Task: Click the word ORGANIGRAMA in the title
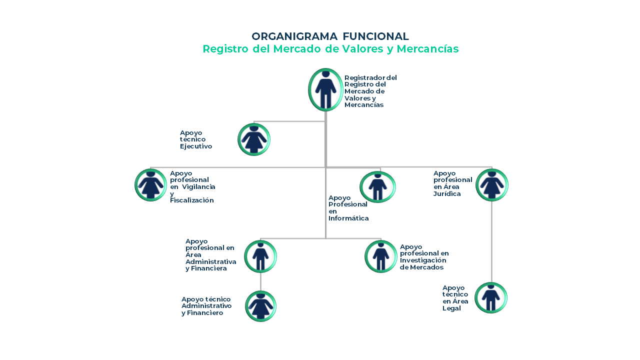pyautogui.click(x=294, y=36)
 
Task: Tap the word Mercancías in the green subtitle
pyautogui.click(x=427, y=49)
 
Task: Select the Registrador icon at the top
pyautogui.click(x=325, y=89)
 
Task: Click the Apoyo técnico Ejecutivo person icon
pyautogui.click(x=254, y=139)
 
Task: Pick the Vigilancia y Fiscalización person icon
pyautogui.click(x=150, y=185)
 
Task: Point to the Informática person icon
pyautogui.click(x=377, y=187)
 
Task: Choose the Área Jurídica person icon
pyautogui.click(x=491, y=185)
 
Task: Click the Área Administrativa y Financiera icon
pyautogui.click(x=260, y=256)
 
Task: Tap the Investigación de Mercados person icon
pyautogui.click(x=381, y=256)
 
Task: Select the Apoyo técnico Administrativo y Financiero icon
pyautogui.click(x=260, y=306)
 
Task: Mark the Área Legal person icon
pyautogui.click(x=491, y=297)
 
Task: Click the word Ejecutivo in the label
pyautogui.click(x=196, y=146)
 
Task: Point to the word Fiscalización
pyautogui.click(x=191, y=200)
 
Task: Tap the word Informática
pyautogui.click(x=348, y=218)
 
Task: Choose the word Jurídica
pyautogui.click(x=447, y=193)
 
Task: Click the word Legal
pyautogui.click(x=451, y=308)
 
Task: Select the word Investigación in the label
pyautogui.click(x=423, y=260)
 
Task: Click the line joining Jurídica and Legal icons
pyautogui.click(x=491, y=241)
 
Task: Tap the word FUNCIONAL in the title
pyautogui.click(x=375, y=36)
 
